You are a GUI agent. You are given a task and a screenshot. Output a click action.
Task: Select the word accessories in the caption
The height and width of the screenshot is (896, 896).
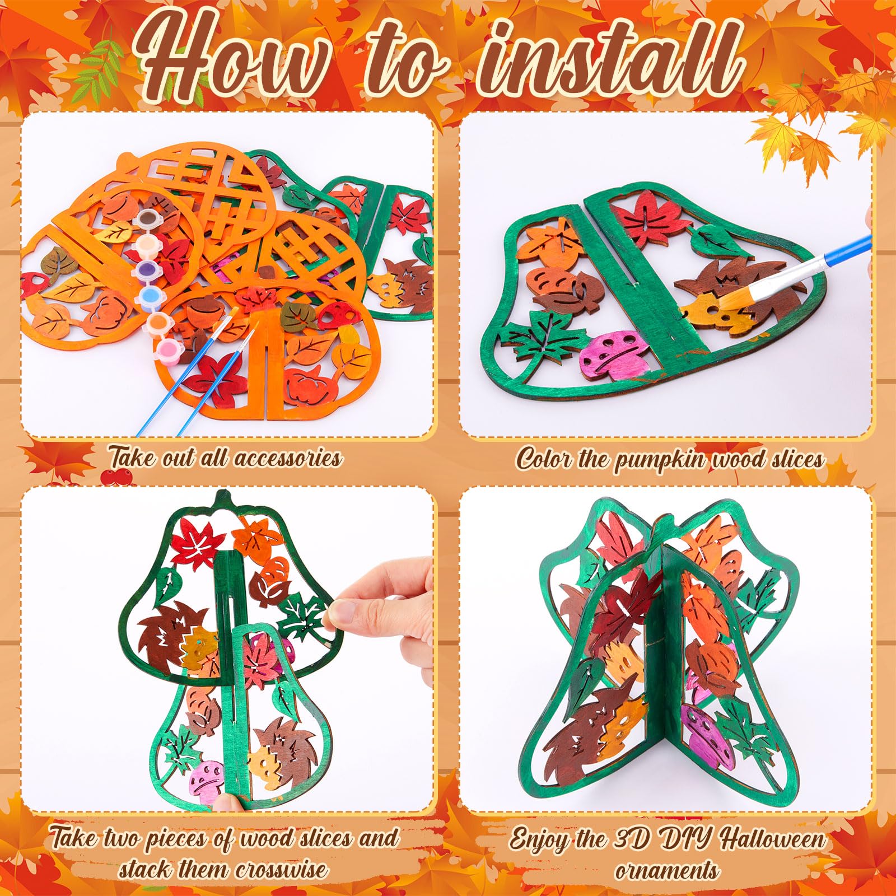pos(288,458)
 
